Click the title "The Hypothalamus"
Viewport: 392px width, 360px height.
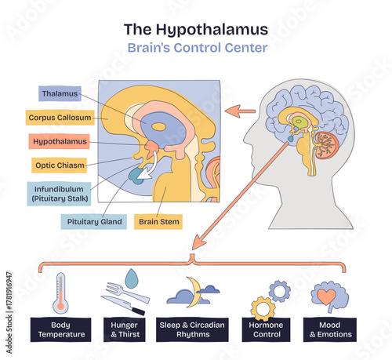(196, 30)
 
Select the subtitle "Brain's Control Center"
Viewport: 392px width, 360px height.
(196, 47)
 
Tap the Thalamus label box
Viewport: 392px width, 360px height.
(60, 93)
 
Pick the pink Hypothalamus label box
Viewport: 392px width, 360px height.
(60, 142)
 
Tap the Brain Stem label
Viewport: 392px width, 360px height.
(159, 222)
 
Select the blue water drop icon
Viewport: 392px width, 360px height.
(132, 278)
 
